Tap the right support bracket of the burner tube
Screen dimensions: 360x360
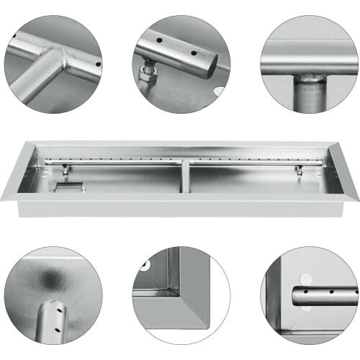coord(298,171)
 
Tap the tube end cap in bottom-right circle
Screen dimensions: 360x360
coord(296,296)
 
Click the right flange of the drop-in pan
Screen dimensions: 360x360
coord(345,173)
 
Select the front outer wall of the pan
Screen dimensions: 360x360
coord(180,209)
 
